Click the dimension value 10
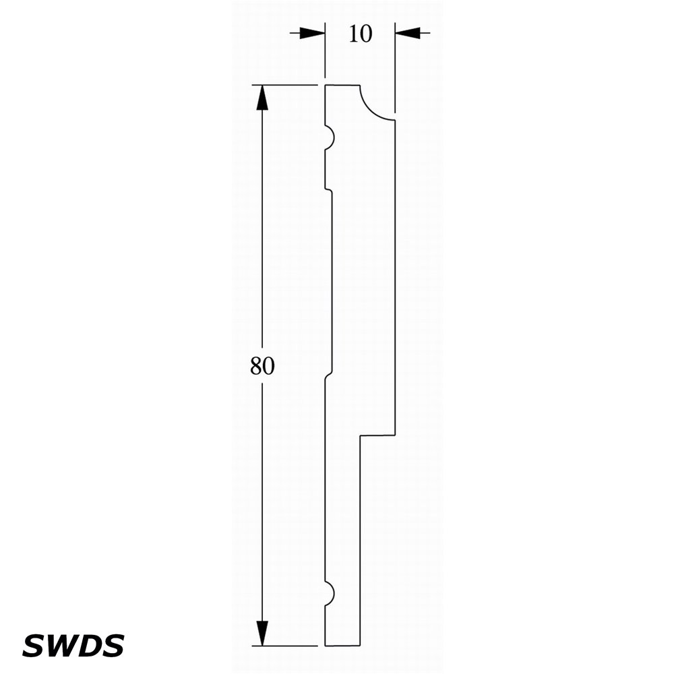click(x=360, y=34)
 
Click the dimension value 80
click(x=262, y=366)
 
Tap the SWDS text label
click(x=73, y=645)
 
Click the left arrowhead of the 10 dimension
click(x=312, y=32)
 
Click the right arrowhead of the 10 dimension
click(x=408, y=32)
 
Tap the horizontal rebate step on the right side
click(x=377, y=435)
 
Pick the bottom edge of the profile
click(x=342, y=646)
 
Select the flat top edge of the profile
click(x=342, y=85)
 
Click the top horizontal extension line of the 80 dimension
click(x=284, y=85)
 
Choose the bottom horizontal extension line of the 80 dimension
click(x=284, y=646)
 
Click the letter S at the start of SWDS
click(x=32, y=645)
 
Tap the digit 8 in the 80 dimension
click(x=256, y=366)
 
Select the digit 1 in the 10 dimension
click(x=354, y=34)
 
